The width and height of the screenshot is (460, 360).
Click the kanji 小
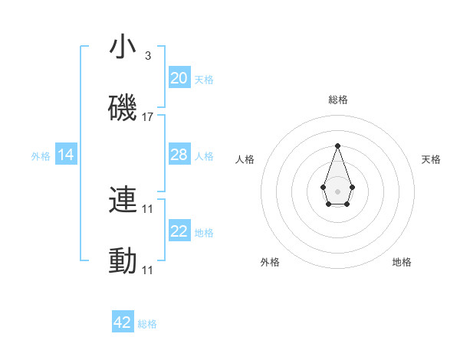pyautogui.click(x=123, y=47)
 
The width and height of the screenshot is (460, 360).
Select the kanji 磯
pyautogui.click(x=123, y=108)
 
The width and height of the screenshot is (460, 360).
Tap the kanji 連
pyautogui.click(x=123, y=201)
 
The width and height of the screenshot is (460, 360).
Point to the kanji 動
pyautogui.click(x=123, y=261)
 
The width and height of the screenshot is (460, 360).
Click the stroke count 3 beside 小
pyautogui.click(x=147, y=56)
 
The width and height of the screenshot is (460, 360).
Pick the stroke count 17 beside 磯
pyautogui.click(x=148, y=116)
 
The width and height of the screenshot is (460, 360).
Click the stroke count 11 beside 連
pyautogui.click(x=148, y=208)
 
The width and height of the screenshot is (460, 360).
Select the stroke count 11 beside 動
pyautogui.click(x=148, y=270)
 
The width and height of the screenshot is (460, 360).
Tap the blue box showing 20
pyautogui.click(x=179, y=77)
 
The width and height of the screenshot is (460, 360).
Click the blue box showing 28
pyautogui.click(x=179, y=155)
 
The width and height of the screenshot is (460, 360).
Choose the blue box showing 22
pyautogui.click(x=179, y=231)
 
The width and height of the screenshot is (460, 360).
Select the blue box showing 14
pyautogui.click(x=66, y=155)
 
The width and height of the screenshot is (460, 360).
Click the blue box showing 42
pyautogui.click(x=123, y=322)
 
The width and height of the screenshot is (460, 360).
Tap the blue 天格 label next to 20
pyautogui.click(x=204, y=79)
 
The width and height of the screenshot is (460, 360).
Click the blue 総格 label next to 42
pyautogui.click(x=147, y=324)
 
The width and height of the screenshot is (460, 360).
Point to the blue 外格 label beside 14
pyautogui.click(x=41, y=156)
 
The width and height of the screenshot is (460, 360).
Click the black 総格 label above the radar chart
pyautogui.click(x=337, y=100)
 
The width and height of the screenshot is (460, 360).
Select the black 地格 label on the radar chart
pyautogui.click(x=402, y=262)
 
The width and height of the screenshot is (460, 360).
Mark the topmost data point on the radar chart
pyautogui.click(x=337, y=146)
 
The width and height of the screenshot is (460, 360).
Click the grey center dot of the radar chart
pyautogui.click(x=337, y=191)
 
